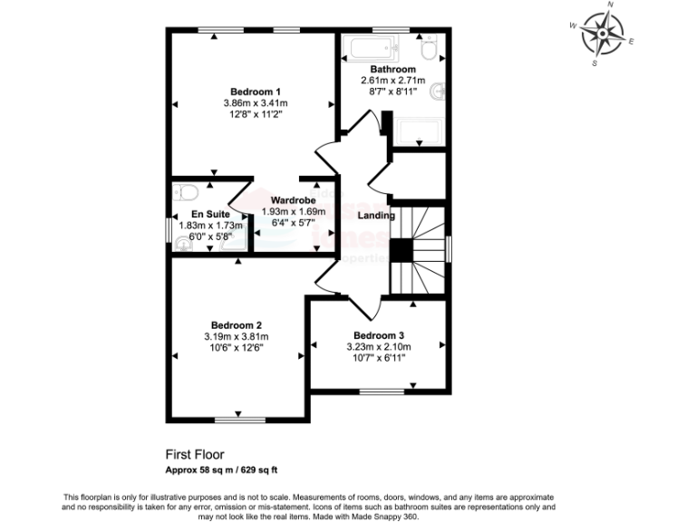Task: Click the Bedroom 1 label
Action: pyautogui.click(x=255, y=92)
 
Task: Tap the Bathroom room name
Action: pyautogui.click(x=392, y=70)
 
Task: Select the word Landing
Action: pyautogui.click(x=376, y=216)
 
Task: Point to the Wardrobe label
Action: pyautogui.click(x=293, y=199)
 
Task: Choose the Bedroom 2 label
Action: pyautogui.click(x=237, y=325)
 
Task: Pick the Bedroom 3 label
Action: pyautogui.click(x=378, y=334)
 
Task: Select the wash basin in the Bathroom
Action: pyautogui.click(x=439, y=91)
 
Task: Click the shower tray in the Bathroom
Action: pyautogui.click(x=421, y=131)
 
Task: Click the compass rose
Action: pyautogui.click(x=600, y=34)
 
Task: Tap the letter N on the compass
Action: pyautogui.click(x=611, y=5)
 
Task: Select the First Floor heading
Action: pyautogui.click(x=194, y=454)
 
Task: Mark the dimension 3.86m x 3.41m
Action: pyautogui.click(x=255, y=103)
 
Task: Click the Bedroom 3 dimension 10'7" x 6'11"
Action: pyautogui.click(x=378, y=358)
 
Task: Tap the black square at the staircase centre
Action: pyautogui.click(x=402, y=250)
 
